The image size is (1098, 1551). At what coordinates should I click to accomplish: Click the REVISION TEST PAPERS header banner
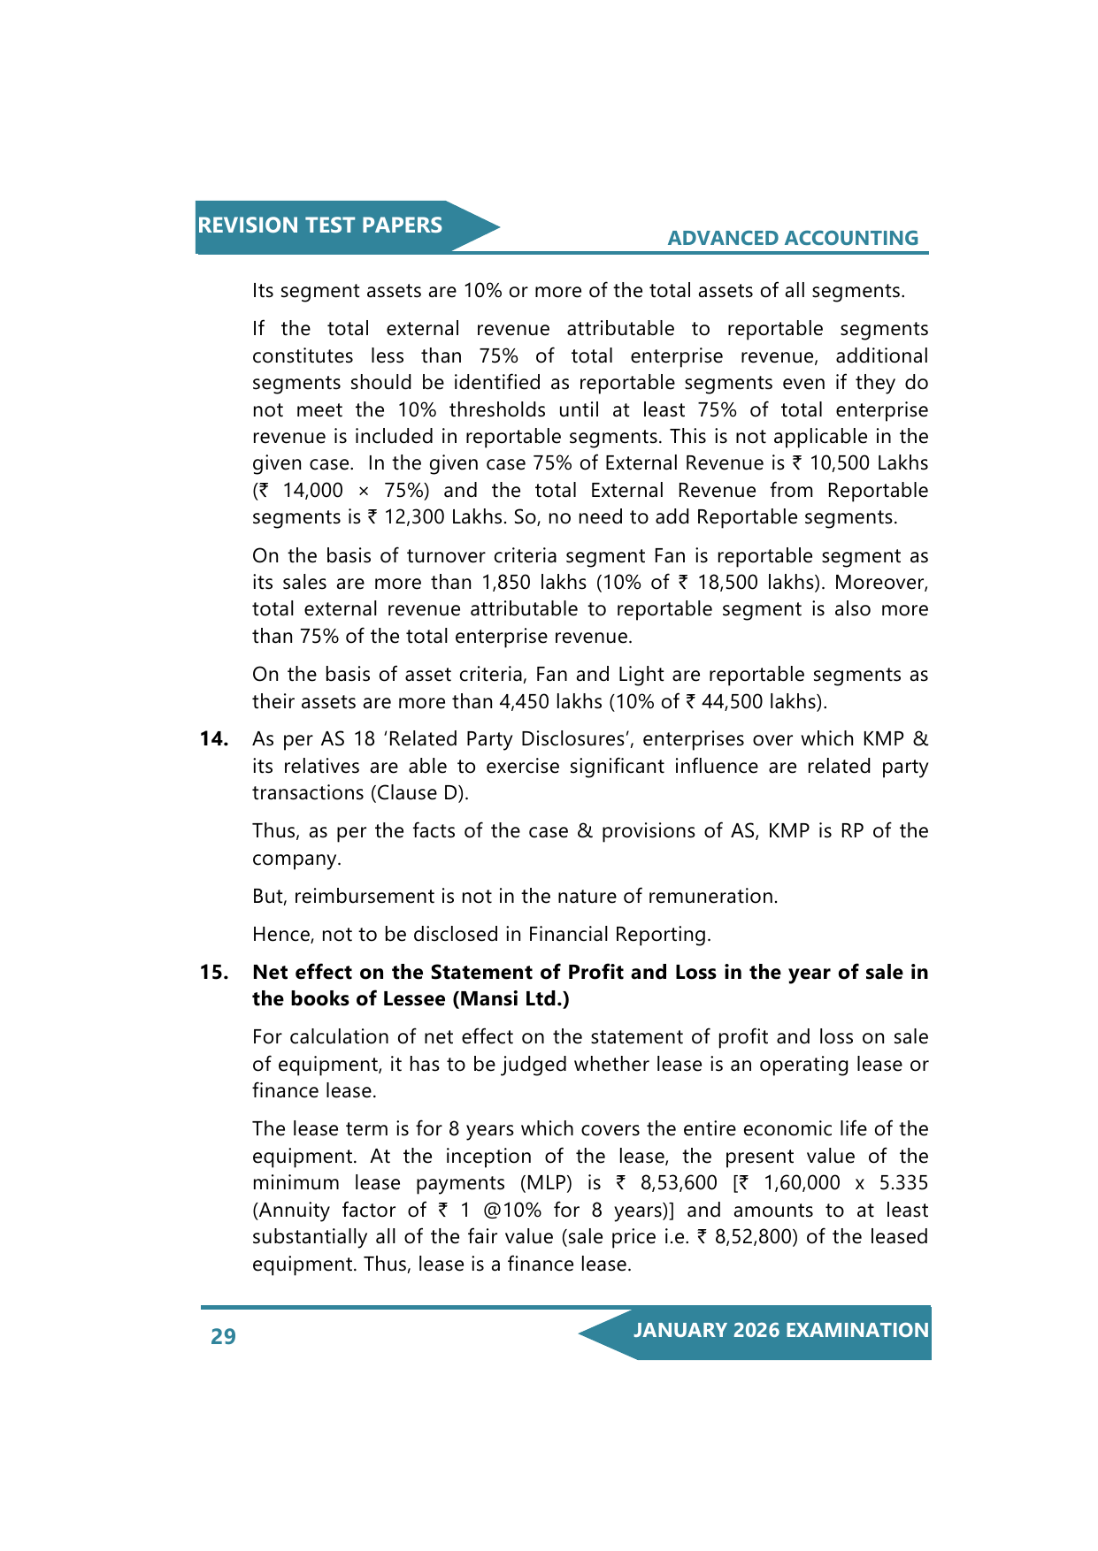(x=320, y=225)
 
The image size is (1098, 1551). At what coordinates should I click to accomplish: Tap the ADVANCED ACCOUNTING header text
(x=793, y=238)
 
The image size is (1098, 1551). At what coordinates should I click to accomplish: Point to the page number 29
(x=223, y=1336)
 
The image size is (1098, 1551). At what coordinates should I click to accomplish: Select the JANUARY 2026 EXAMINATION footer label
(x=780, y=1331)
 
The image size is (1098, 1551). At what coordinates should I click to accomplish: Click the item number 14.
(x=213, y=739)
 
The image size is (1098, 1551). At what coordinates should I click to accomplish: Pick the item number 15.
(x=213, y=973)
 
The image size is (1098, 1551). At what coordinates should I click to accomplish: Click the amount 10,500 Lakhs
(x=869, y=463)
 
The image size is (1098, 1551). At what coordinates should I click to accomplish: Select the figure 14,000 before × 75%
(x=312, y=491)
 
